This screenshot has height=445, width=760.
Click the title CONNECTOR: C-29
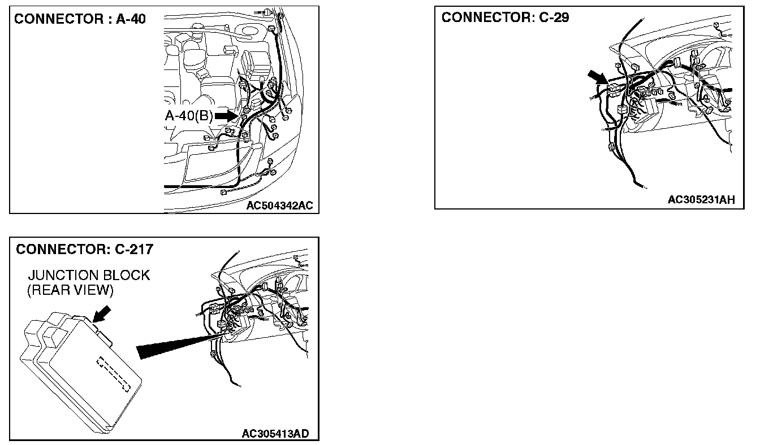(505, 18)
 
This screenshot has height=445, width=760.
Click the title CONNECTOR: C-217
(85, 249)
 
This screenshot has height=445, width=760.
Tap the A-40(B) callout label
(188, 116)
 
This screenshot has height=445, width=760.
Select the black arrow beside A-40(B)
(224, 116)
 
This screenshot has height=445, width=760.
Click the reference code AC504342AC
(279, 206)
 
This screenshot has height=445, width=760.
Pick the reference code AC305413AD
(275, 434)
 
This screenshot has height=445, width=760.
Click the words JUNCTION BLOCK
(89, 276)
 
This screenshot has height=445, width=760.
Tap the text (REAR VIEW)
(71, 290)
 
